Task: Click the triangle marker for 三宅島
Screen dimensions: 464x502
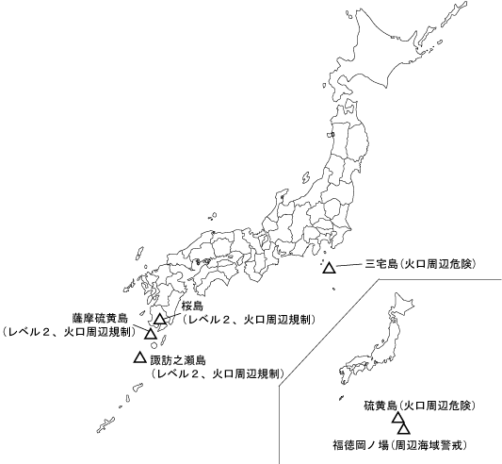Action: click(329, 269)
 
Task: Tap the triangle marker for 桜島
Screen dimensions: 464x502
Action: click(161, 319)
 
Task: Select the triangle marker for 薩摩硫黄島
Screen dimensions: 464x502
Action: click(151, 334)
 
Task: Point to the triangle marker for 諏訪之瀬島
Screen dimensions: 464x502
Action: click(139, 357)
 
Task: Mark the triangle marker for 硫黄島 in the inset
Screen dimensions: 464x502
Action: click(398, 418)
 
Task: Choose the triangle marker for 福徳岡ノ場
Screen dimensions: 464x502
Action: click(404, 429)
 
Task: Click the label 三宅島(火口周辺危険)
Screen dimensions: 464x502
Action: click(419, 265)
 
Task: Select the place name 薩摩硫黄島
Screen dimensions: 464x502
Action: click(104, 319)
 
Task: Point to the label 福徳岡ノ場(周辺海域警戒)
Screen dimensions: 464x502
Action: click(399, 443)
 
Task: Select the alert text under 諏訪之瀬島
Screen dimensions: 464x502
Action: click(217, 373)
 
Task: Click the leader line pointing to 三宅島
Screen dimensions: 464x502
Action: click(348, 265)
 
